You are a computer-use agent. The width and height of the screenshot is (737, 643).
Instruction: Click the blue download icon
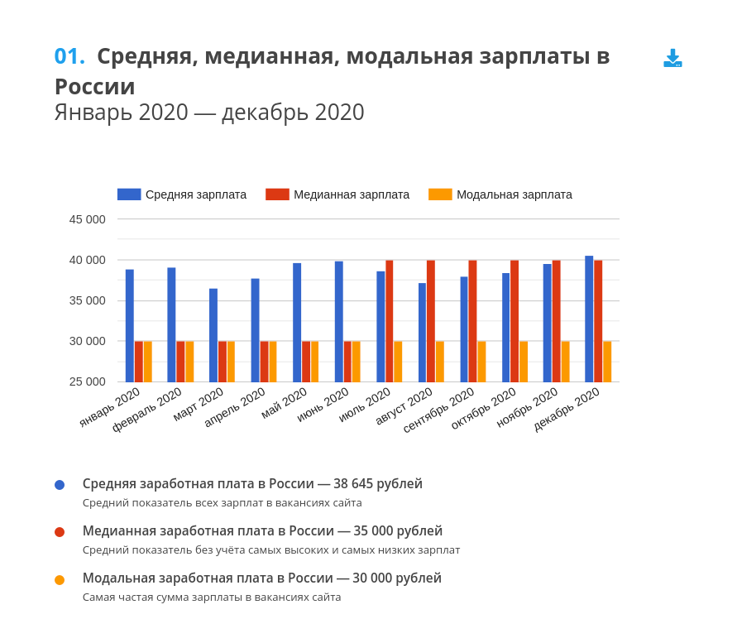click(672, 58)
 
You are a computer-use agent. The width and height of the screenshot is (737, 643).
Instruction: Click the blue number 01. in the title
click(69, 56)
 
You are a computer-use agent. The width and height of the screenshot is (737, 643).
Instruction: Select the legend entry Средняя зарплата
click(182, 194)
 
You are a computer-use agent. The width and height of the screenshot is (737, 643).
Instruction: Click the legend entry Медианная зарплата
click(337, 194)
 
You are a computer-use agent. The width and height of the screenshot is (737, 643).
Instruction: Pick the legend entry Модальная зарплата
click(500, 194)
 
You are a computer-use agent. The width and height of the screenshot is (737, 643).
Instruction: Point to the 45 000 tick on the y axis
click(87, 219)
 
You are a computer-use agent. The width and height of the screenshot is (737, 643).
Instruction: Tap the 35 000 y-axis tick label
click(87, 300)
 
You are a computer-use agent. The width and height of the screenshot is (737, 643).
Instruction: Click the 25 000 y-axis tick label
click(87, 381)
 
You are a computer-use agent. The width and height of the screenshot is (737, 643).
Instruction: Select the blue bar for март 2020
click(213, 335)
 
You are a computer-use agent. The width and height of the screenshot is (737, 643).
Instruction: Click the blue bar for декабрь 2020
click(589, 319)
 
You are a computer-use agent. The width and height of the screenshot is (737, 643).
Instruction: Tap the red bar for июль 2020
click(389, 321)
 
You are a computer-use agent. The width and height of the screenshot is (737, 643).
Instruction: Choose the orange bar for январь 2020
click(148, 362)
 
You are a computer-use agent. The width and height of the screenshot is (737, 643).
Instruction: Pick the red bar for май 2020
click(305, 362)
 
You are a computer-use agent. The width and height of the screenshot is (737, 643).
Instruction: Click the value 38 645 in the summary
click(353, 484)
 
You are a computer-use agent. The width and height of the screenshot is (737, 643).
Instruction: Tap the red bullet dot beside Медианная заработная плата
click(60, 532)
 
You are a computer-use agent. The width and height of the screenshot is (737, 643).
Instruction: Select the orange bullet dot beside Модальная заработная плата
click(60, 579)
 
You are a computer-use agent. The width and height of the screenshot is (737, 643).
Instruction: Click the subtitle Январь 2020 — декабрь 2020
click(209, 113)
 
